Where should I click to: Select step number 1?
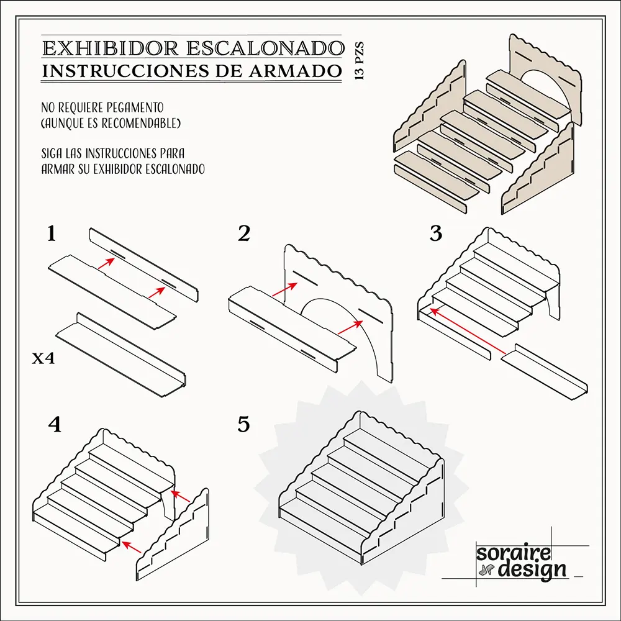[x=52, y=234]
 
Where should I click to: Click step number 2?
[x=243, y=234]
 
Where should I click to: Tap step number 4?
[x=55, y=425]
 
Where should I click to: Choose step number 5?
[x=243, y=425]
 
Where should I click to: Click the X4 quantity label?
[x=44, y=358]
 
